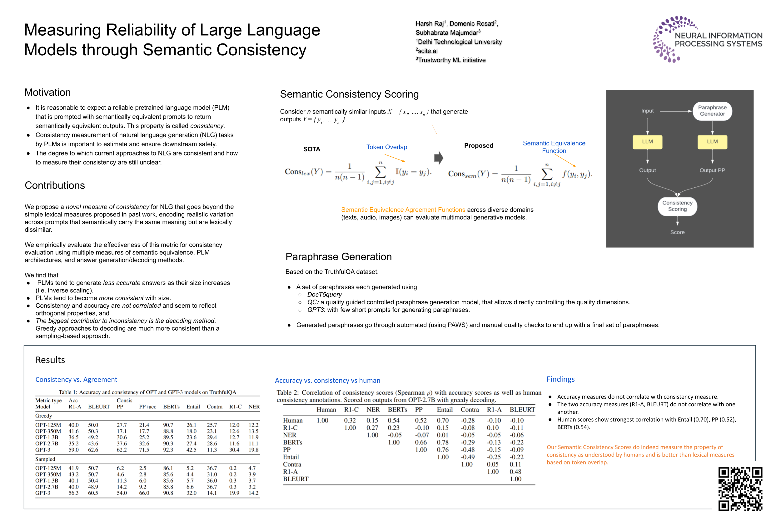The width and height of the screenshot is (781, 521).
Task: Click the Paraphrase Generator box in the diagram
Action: pyautogui.click(x=712, y=111)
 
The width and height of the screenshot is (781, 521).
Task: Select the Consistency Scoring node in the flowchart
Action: pyautogui.click(x=677, y=206)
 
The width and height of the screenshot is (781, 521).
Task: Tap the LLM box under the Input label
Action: pyautogui.click(x=647, y=142)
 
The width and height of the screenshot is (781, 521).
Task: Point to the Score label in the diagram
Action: pyautogui.click(x=677, y=232)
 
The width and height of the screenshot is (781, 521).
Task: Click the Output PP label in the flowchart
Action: pyautogui.click(x=712, y=170)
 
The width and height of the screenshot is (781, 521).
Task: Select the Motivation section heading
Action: pyautogui.click(x=47, y=92)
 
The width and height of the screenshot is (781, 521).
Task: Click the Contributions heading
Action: pyautogui.click(x=55, y=185)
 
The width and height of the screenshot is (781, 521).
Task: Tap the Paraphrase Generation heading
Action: pyautogui.click(x=338, y=256)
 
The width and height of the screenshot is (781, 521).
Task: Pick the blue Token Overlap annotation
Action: pyautogui.click(x=386, y=147)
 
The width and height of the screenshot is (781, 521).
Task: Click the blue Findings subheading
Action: pyautogui.click(x=560, y=379)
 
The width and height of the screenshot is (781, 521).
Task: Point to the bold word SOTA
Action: pyautogui.click(x=311, y=149)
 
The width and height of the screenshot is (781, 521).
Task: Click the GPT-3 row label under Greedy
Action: pyautogui.click(x=43, y=450)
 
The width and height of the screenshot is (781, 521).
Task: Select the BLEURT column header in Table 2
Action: pyautogui.click(x=522, y=410)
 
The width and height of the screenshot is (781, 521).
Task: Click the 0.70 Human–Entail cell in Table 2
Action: pyautogui.click(x=442, y=420)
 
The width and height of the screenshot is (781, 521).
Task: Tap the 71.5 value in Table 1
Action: pyautogui.click(x=144, y=450)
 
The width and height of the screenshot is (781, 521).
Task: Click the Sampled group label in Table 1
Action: pyautogui.click(x=45, y=459)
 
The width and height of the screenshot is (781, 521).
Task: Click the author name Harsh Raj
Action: pyautogui.click(x=430, y=23)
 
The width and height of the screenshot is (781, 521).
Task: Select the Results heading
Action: pyautogui.click(x=50, y=360)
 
